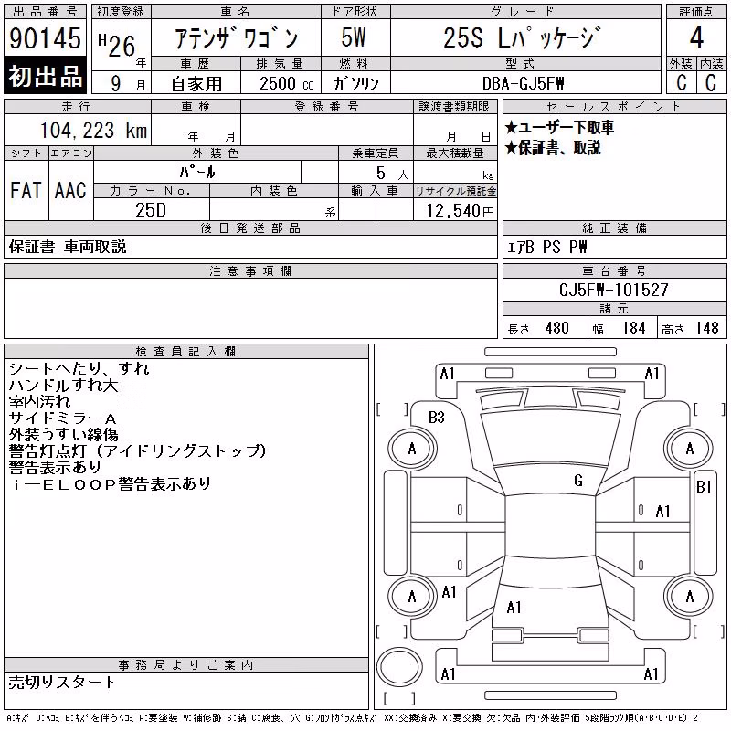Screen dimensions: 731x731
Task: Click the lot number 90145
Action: point(45,38)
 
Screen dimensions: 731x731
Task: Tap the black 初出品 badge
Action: point(45,76)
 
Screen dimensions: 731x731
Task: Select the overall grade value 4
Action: point(696,37)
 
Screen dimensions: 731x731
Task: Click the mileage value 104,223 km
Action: point(93,130)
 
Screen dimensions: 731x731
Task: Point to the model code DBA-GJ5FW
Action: point(523,83)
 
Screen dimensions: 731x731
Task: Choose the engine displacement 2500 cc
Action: point(286,83)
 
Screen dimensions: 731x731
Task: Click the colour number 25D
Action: point(151,210)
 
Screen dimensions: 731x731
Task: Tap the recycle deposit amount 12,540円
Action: point(461,211)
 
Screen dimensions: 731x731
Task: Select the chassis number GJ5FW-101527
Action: point(613,290)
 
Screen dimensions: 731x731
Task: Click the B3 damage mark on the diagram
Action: point(437,418)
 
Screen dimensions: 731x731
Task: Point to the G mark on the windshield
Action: point(578,481)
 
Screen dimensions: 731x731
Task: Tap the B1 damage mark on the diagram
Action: point(704,487)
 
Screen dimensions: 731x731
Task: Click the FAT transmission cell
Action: point(26,190)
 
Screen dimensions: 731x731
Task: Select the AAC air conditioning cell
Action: point(70,190)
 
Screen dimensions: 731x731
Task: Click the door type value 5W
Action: point(354,37)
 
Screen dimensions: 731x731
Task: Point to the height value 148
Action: point(707,328)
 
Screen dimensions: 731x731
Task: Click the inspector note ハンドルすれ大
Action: point(63,385)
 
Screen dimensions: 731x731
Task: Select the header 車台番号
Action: point(614,270)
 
